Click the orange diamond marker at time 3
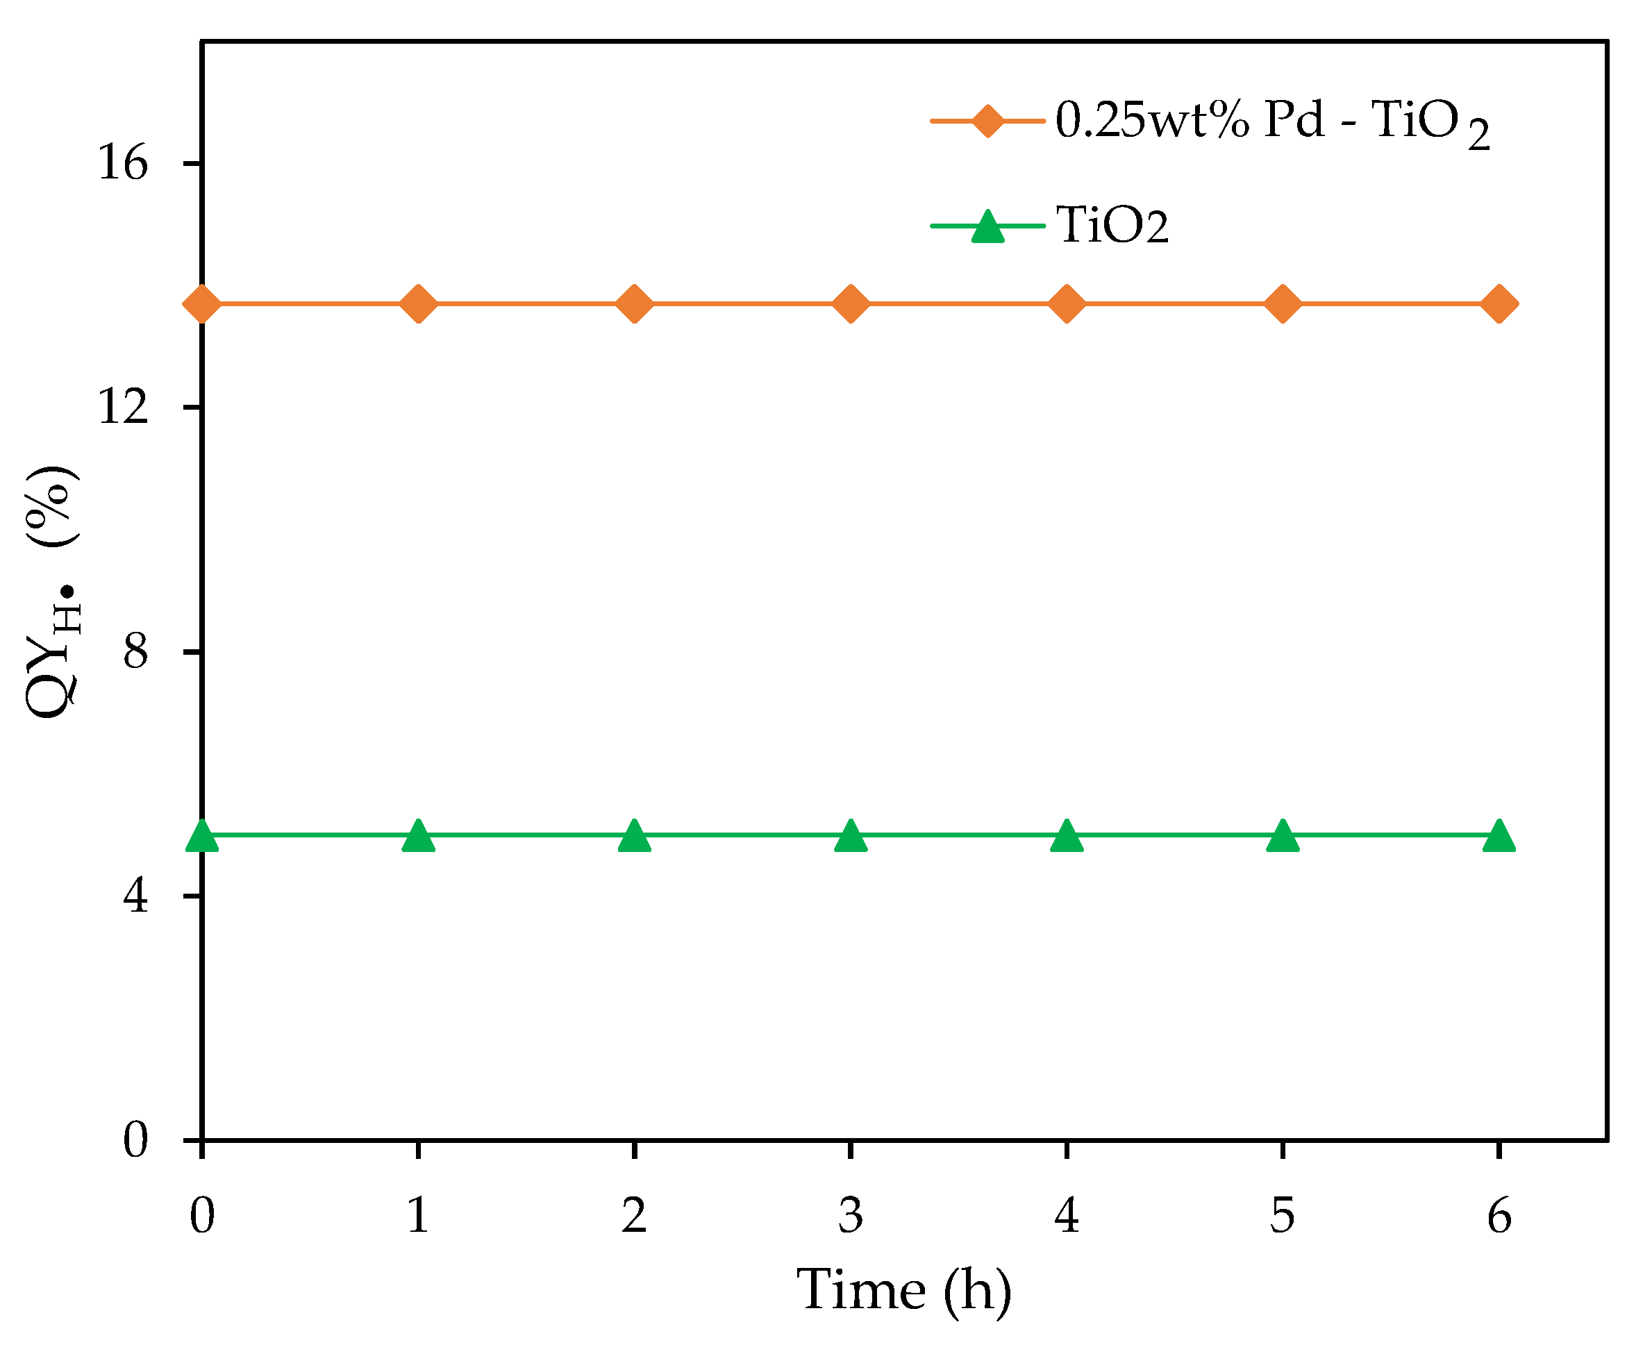(x=850, y=303)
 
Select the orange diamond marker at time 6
(x=1499, y=303)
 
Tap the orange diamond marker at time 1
(x=419, y=303)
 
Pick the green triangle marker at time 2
(x=634, y=836)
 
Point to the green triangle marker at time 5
(x=1283, y=836)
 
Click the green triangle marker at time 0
(x=202, y=836)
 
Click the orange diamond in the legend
(x=987, y=121)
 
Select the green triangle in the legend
(x=987, y=227)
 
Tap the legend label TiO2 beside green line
(x=1112, y=226)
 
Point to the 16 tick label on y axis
(x=122, y=163)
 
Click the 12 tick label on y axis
(x=122, y=407)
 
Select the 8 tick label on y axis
(x=135, y=651)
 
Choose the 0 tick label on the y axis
(x=135, y=1139)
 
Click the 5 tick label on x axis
(x=1283, y=1215)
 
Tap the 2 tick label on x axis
(x=634, y=1215)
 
